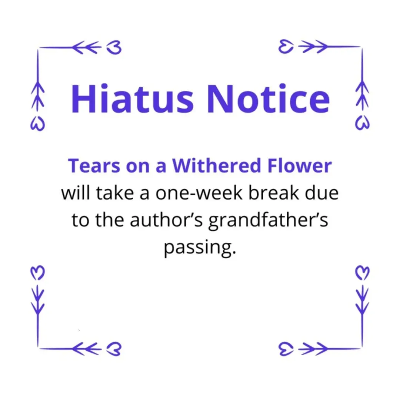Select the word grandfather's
[269, 221]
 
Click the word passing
[200, 247]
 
